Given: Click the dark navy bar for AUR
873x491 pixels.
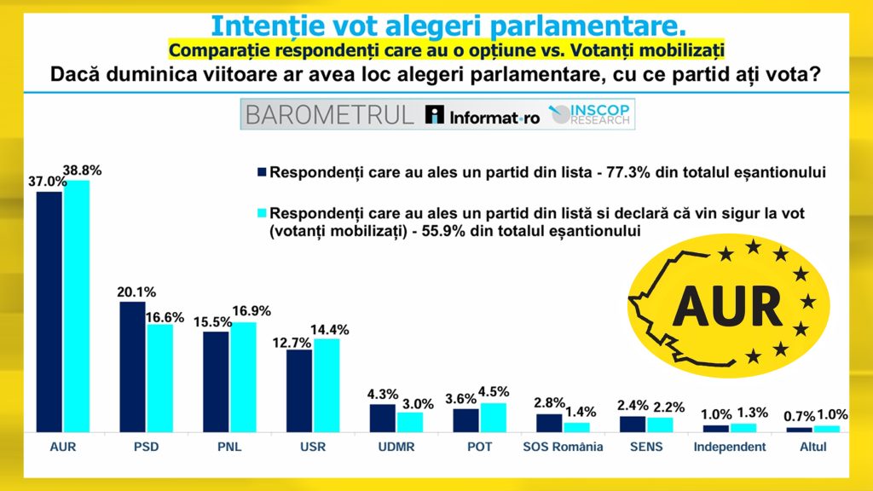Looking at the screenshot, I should click(49, 311).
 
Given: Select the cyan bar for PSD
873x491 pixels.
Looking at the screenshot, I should click(159, 378).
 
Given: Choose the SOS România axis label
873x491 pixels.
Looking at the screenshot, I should click(562, 447).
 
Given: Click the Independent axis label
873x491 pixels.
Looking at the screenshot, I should click(729, 447).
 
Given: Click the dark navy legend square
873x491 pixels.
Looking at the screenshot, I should click(263, 172).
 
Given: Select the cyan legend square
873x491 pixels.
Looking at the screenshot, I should click(263, 211).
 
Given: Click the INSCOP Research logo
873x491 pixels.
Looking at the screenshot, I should click(590, 116).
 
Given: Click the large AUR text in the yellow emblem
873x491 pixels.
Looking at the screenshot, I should click(728, 303).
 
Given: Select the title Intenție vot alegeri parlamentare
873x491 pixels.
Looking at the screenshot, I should click(436, 24).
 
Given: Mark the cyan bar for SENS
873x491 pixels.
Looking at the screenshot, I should click(660, 424).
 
